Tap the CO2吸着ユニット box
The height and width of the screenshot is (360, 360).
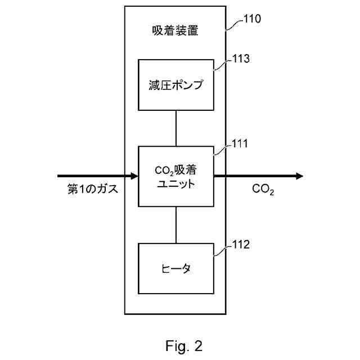coord(176,176)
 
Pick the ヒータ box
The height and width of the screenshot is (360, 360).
coord(176,268)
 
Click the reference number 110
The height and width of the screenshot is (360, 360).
coord(251,19)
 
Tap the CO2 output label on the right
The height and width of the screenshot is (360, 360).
coord(263,190)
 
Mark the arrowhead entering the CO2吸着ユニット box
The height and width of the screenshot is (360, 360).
coord(134,176)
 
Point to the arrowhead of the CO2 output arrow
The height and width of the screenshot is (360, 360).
coord(299,176)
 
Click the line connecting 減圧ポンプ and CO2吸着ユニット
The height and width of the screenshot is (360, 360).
coord(176,128)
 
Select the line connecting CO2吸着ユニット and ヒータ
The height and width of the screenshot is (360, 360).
coord(176,225)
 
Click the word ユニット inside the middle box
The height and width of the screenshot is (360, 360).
coord(176,183)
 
